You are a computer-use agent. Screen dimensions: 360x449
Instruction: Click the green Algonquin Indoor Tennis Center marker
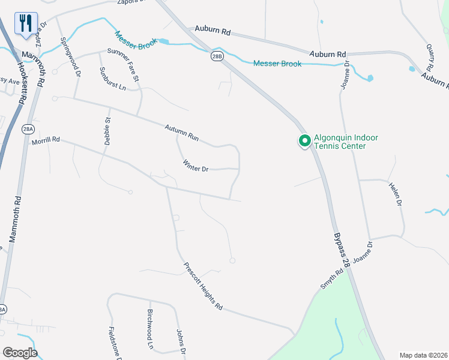[304, 142]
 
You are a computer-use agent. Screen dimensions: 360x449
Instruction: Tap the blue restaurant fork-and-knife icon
[26, 23]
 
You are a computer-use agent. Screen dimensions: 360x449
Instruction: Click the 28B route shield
[217, 56]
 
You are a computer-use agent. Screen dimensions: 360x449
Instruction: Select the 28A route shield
[28, 129]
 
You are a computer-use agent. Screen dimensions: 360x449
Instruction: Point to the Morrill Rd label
[46, 139]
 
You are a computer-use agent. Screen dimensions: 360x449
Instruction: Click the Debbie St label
[108, 131]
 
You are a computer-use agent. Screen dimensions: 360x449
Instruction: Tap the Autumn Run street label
[182, 132]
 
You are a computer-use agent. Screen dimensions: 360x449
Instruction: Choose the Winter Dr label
[195, 166]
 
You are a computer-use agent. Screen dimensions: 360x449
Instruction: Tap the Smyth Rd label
[331, 279]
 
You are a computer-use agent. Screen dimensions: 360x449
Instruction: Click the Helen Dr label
[394, 194]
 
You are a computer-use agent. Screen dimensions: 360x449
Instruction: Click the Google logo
[19, 352]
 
